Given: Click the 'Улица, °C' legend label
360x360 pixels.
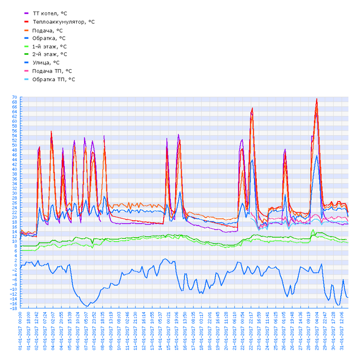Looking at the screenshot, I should point(46,62).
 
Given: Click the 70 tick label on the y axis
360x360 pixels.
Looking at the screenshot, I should point(14,97).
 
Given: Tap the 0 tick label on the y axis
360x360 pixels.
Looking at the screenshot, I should point(16,265).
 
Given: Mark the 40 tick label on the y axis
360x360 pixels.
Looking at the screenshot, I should point(14,169).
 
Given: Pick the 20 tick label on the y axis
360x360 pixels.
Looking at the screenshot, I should point(14,217).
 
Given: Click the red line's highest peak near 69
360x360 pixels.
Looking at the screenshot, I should point(317,99).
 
